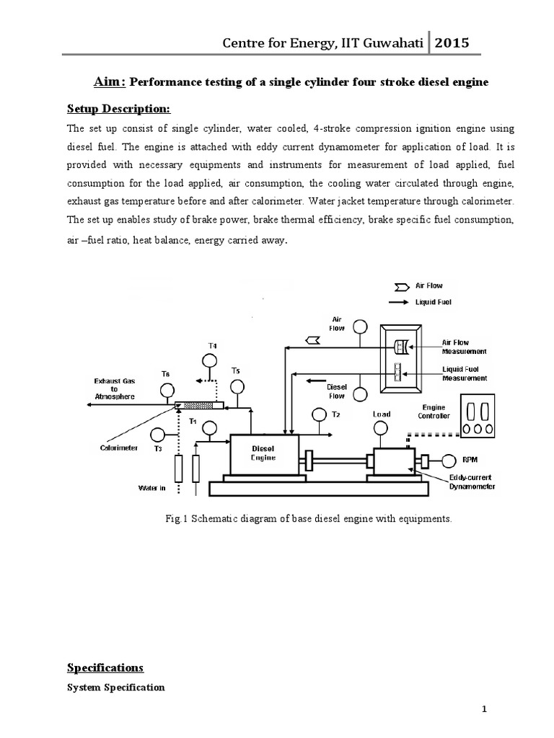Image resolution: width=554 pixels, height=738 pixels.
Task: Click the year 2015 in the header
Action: point(452,43)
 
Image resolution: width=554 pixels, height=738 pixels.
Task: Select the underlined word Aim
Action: point(110,82)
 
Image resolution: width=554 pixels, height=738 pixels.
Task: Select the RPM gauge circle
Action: point(449,459)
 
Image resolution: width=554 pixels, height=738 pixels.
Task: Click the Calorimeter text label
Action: point(119,447)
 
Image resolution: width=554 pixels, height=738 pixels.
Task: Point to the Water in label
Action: point(152,488)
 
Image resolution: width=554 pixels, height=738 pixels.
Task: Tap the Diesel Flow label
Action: point(337,391)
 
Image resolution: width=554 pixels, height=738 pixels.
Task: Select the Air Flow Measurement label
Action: point(465,347)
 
